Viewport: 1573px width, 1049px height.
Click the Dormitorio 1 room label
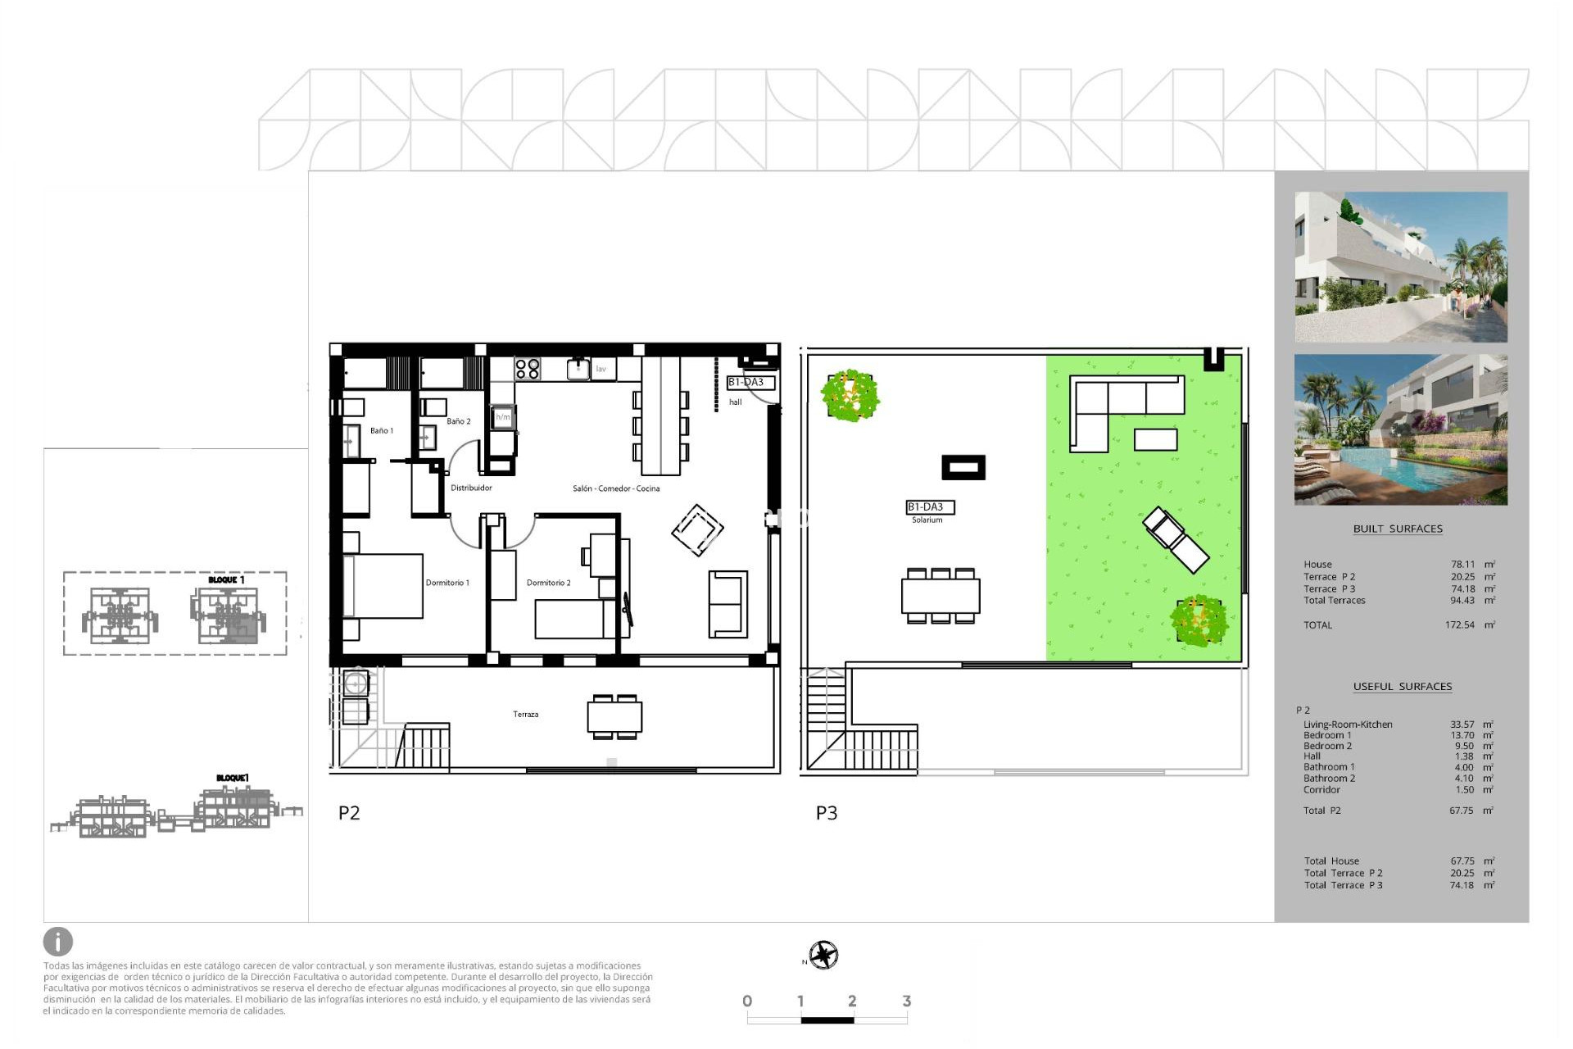[x=447, y=583]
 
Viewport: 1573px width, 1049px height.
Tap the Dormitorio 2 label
[x=548, y=583]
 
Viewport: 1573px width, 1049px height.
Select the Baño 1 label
[x=382, y=430]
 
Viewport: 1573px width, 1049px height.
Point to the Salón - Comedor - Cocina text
[x=616, y=488]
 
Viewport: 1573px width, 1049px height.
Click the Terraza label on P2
[x=526, y=715]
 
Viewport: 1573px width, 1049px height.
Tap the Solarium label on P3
[x=927, y=520]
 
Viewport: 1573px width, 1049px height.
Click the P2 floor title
[x=349, y=813]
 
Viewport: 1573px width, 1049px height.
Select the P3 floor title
[x=827, y=813]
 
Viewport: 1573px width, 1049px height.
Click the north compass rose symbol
[x=823, y=955]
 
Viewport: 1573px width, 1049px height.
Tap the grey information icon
[x=58, y=942]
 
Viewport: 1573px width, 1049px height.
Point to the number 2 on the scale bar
[x=852, y=1001]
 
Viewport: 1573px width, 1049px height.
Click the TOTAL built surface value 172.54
[x=1459, y=625]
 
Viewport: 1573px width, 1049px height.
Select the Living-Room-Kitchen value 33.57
[x=1462, y=724]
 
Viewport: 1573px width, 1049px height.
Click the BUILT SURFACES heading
[x=1398, y=529]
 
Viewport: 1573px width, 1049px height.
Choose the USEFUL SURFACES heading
[x=1402, y=687]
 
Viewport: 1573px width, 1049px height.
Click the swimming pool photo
[x=1400, y=430]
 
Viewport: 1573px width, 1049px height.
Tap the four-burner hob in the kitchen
[x=527, y=369]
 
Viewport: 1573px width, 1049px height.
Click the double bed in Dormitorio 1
[x=383, y=586]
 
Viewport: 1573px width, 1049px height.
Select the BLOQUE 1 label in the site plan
[x=226, y=579]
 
